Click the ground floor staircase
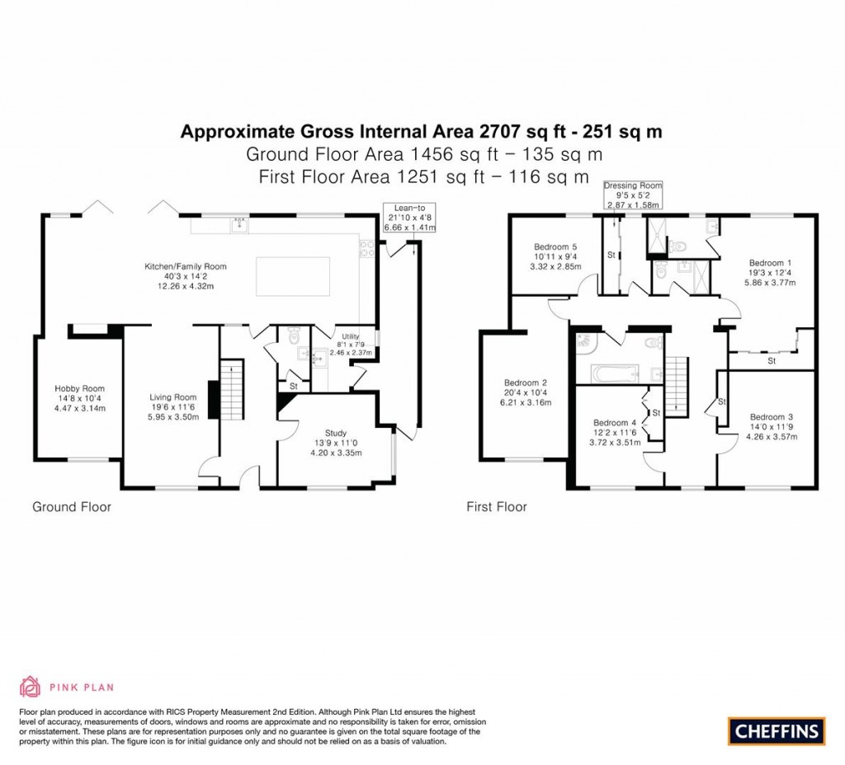point(233,389)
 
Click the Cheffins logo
point(776,730)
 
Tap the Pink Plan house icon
point(30,687)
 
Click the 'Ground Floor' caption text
point(71,507)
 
